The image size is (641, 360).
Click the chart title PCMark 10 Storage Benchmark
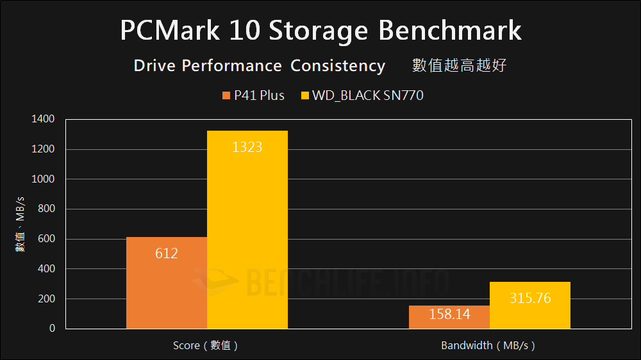(320, 31)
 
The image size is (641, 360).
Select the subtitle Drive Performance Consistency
(259, 66)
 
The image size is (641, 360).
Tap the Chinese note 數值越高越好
(460, 66)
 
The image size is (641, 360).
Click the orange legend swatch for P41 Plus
(226, 96)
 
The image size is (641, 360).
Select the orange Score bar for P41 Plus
(167, 288)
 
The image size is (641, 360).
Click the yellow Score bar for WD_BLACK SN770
(247, 237)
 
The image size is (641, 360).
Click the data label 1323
(247, 147)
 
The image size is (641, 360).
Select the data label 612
(167, 254)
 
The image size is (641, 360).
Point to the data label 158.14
(449, 315)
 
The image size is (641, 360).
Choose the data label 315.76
(529, 299)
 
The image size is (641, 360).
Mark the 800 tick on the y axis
(46, 209)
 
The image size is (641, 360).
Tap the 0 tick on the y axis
(52, 329)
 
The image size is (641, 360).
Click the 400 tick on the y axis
(46, 269)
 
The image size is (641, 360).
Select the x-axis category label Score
(206, 346)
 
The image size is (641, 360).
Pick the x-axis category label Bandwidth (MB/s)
(488, 346)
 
